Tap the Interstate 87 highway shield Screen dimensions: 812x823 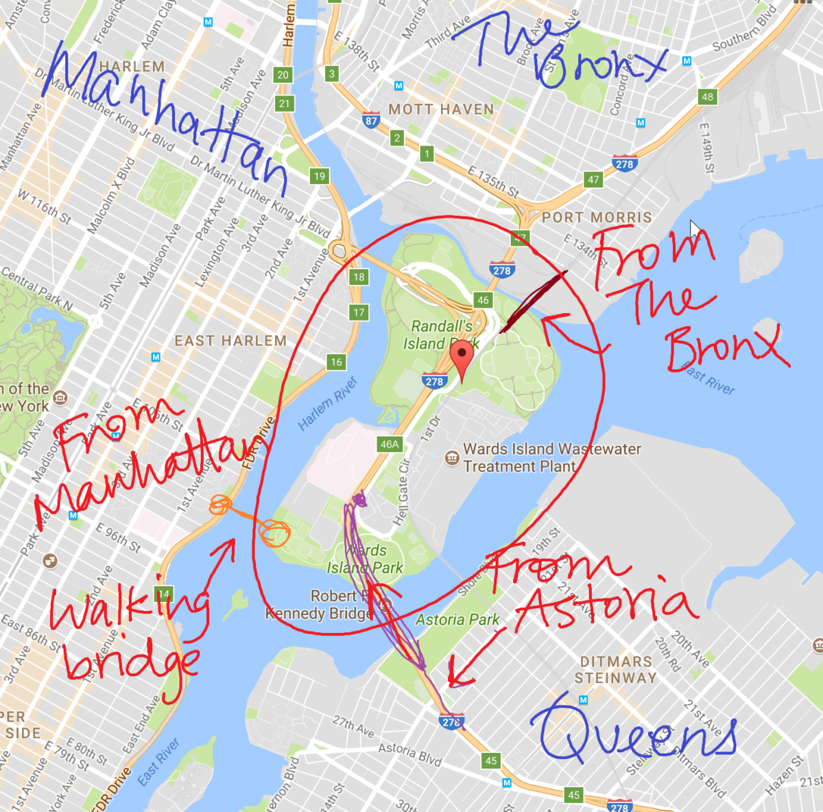[x=371, y=120]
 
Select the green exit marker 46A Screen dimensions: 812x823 [x=389, y=444]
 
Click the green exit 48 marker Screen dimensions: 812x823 [x=707, y=97]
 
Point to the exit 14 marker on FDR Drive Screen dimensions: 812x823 [x=163, y=594]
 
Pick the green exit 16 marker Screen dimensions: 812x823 [x=336, y=362]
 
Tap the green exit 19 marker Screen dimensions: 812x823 [x=320, y=176]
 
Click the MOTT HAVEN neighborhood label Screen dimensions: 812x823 [x=441, y=109]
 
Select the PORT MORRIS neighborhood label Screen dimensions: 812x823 [x=597, y=217]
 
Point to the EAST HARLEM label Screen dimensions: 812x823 [x=230, y=340]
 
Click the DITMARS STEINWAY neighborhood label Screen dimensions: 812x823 [x=615, y=669]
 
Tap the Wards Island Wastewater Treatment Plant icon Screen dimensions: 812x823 [x=452, y=457]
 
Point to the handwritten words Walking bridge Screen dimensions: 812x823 [x=127, y=631]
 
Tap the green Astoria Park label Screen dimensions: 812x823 [x=457, y=620]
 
